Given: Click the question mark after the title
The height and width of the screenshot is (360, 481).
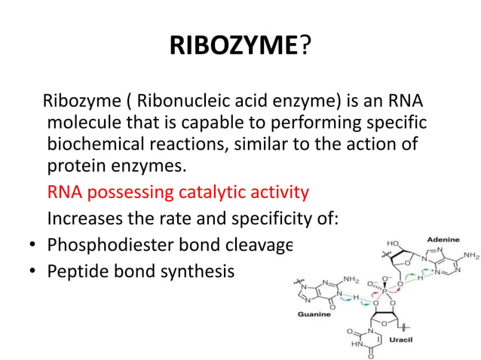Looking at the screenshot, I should (x=305, y=50).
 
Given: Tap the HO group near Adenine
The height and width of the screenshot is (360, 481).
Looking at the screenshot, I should (x=372, y=246).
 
